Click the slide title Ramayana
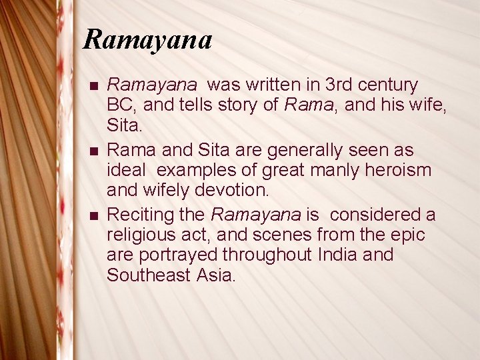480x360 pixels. point(147,40)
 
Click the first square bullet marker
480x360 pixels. point(93,87)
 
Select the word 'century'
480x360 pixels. point(389,85)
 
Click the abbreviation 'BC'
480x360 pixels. point(119,105)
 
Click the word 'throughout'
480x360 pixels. point(267,255)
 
